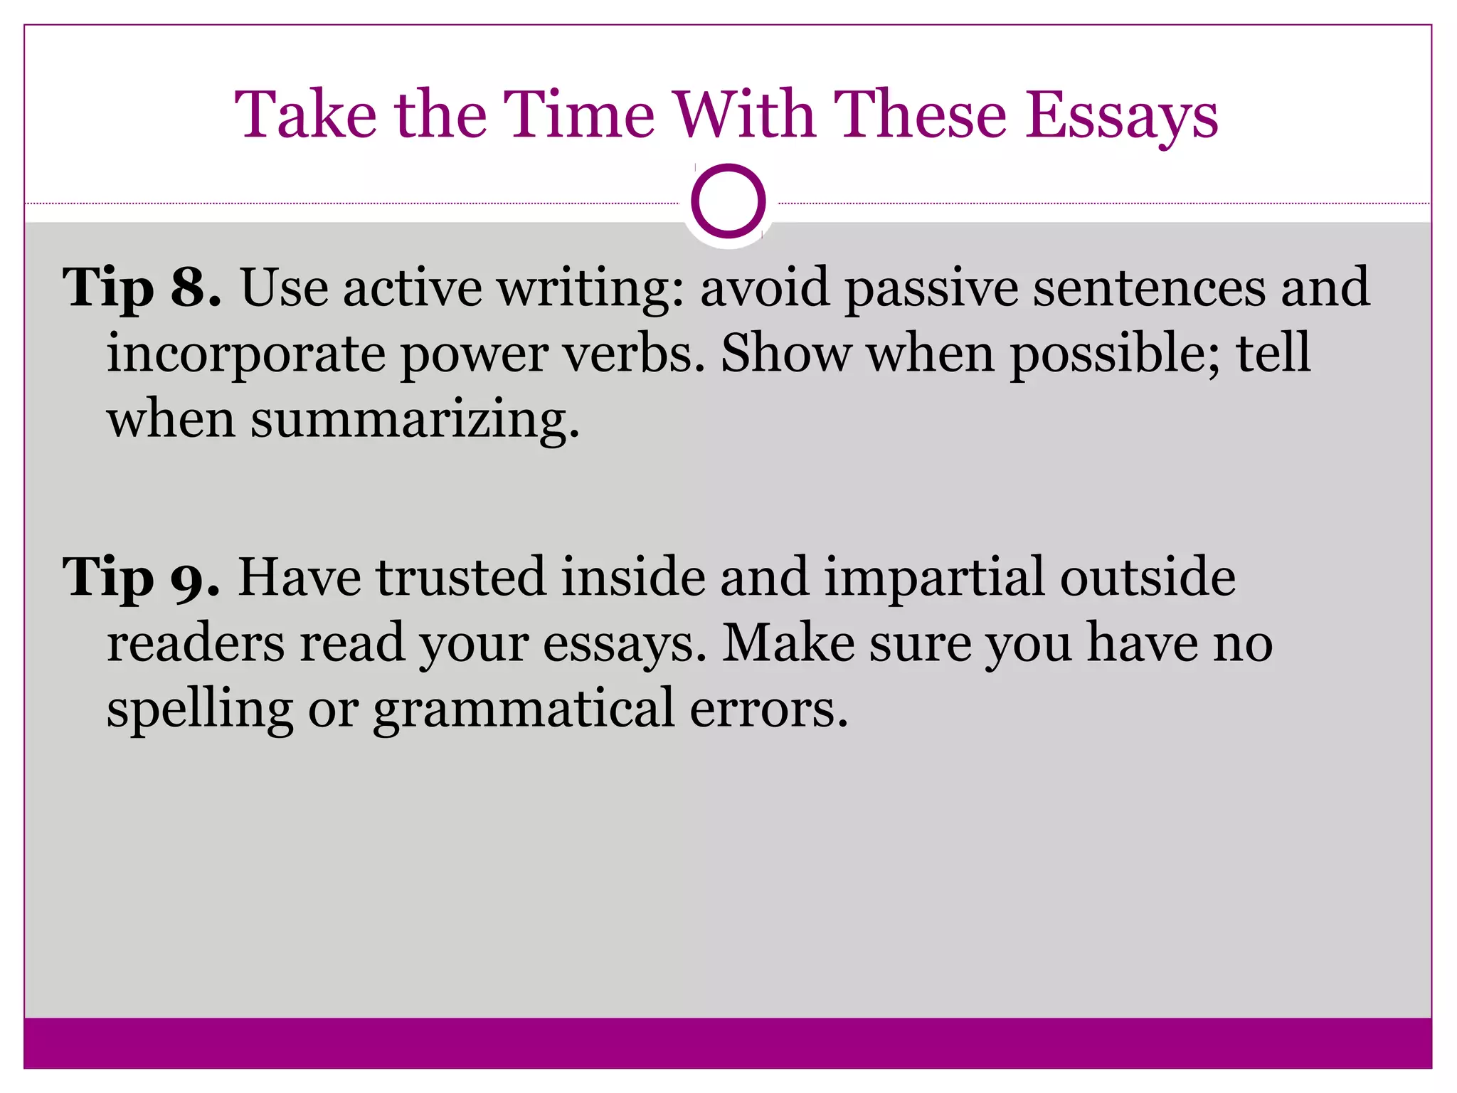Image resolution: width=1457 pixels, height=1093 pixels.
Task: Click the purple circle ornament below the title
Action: coord(728,201)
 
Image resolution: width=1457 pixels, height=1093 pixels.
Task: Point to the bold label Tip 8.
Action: coord(142,288)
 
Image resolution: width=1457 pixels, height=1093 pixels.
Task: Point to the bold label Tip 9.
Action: coord(141,577)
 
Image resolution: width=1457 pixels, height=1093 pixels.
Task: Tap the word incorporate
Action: coord(245,354)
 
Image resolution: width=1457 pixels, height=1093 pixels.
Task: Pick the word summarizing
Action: coord(415,420)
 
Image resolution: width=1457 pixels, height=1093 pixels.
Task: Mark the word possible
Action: coord(1115,354)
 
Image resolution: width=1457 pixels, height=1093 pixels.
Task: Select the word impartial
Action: coord(935,578)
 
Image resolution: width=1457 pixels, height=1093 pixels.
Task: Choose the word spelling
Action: coord(200,709)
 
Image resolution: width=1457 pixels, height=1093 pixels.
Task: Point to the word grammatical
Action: coord(524,709)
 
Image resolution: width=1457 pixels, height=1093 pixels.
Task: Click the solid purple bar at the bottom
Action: coord(728,1042)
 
